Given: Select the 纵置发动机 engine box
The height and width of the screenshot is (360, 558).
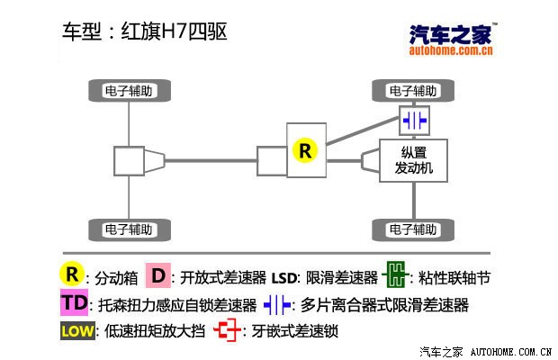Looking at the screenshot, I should point(413,160).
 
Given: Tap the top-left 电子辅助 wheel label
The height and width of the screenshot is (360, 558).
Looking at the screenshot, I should point(128,90).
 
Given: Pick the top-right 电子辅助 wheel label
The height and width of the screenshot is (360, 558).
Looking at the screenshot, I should point(413,90).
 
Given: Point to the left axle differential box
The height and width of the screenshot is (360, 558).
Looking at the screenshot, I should point(129,162).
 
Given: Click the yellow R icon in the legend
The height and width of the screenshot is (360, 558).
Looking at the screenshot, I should point(72,274).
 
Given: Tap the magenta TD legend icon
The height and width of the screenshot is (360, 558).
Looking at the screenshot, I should point(75,303).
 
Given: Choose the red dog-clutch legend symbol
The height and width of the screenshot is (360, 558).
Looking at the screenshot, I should point(229,330).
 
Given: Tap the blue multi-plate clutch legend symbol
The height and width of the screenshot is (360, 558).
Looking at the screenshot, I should point(277,304).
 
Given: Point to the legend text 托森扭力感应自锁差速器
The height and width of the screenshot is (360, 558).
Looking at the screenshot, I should point(175,305).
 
